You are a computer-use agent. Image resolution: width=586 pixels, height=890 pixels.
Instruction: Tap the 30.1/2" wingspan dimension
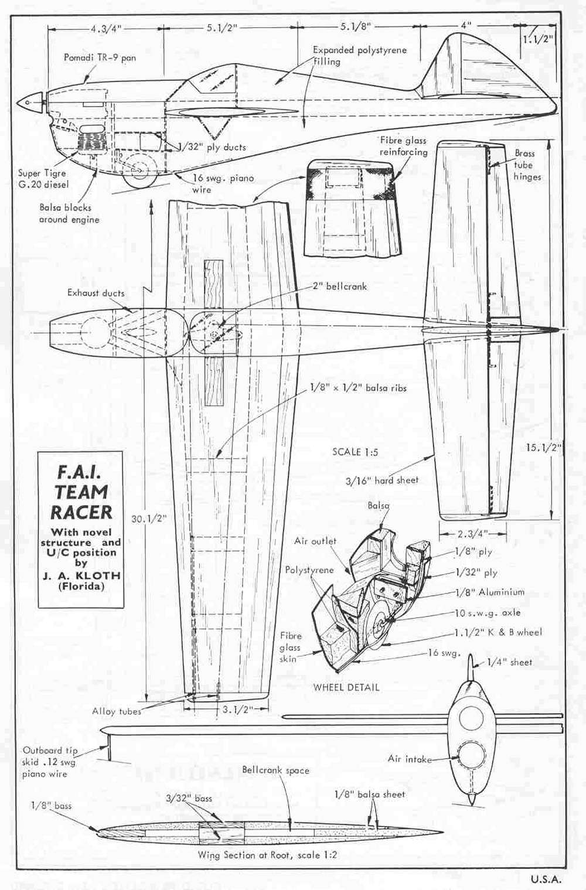(x=148, y=519)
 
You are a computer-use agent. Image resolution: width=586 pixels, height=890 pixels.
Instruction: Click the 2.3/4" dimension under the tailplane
(x=472, y=534)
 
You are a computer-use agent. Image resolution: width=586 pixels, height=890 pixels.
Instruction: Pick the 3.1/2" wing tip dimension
(x=237, y=709)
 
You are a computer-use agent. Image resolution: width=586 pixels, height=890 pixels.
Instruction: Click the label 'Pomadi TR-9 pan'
(x=100, y=58)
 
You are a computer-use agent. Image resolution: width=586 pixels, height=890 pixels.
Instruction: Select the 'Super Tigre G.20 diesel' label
(x=42, y=179)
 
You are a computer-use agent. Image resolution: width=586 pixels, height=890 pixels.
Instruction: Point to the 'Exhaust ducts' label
(x=96, y=293)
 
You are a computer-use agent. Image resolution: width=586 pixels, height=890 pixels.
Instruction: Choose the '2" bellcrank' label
(x=340, y=287)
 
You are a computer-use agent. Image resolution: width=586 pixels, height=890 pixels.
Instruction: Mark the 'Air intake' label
(x=410, y=759)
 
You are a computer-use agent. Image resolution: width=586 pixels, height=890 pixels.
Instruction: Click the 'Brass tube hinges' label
(x=527, y=165)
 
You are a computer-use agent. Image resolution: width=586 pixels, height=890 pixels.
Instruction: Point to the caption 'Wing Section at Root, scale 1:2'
(x=267, y=855)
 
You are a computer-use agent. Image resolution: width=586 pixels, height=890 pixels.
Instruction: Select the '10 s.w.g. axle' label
(x=488, y=613)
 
